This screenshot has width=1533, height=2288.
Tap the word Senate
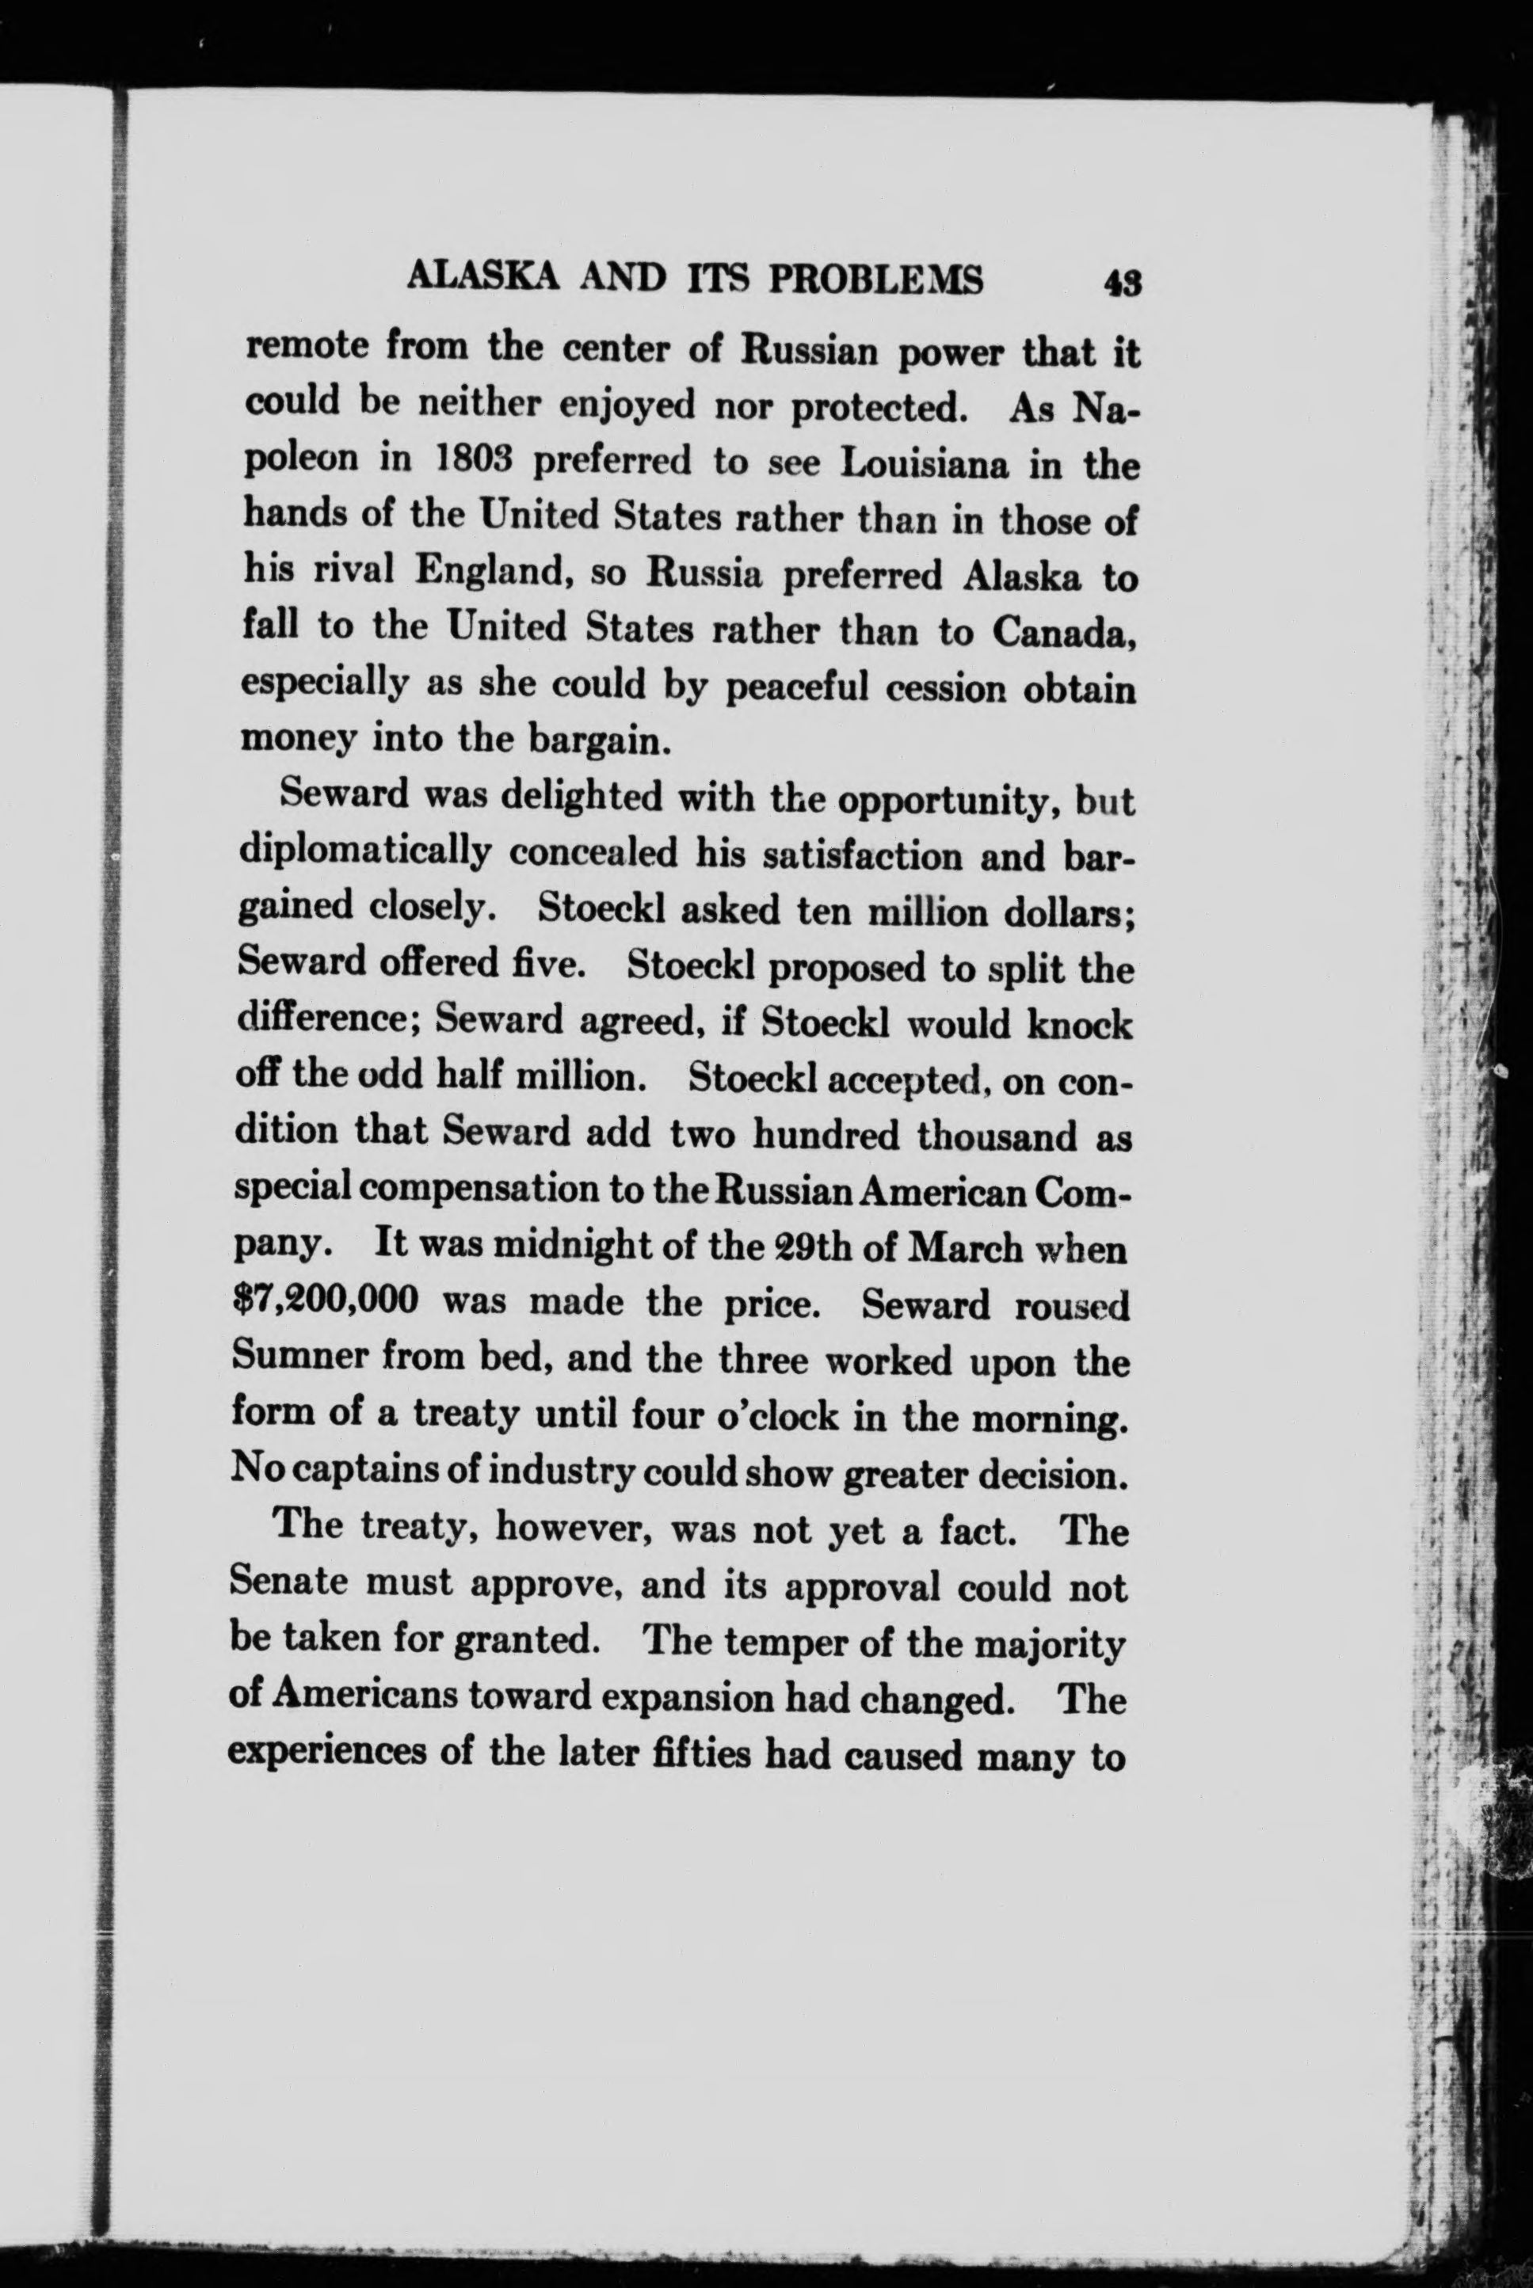tap(284, 1586)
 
